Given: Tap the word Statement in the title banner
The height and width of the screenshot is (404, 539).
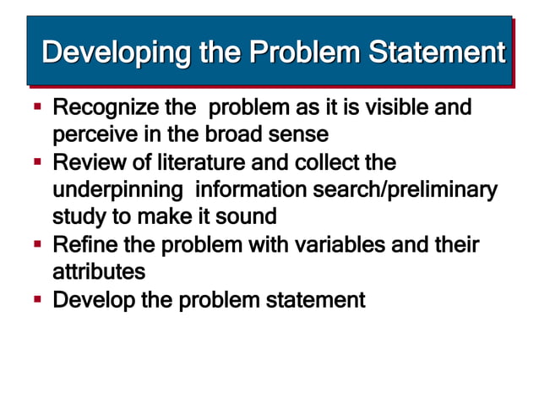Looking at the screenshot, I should click(436, 53).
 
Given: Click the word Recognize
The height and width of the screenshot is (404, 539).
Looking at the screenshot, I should click(105, 108).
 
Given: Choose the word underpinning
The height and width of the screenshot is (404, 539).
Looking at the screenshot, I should click(117, 188).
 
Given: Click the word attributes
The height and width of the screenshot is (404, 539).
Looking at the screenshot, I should click(99, 272).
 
